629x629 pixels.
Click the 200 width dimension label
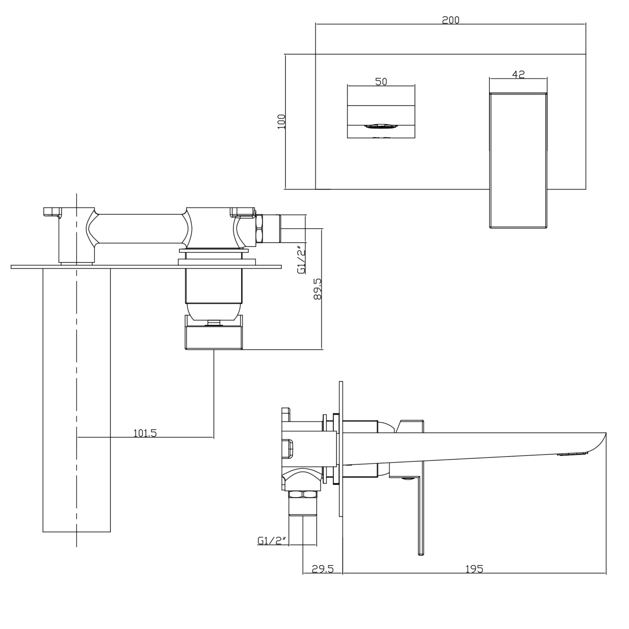click(x=450, y=20)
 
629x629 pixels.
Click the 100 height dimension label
click(x=281, y=121)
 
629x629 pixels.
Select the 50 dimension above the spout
click(x=381, y=81)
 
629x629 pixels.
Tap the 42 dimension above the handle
click(x=518, y=74)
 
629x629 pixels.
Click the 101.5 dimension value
click(x=145, y=433)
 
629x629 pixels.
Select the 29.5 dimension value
click(x=322, y=569)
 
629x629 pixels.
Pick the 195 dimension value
click(x=474, y=569)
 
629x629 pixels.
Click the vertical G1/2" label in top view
click(x=301, y=260)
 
